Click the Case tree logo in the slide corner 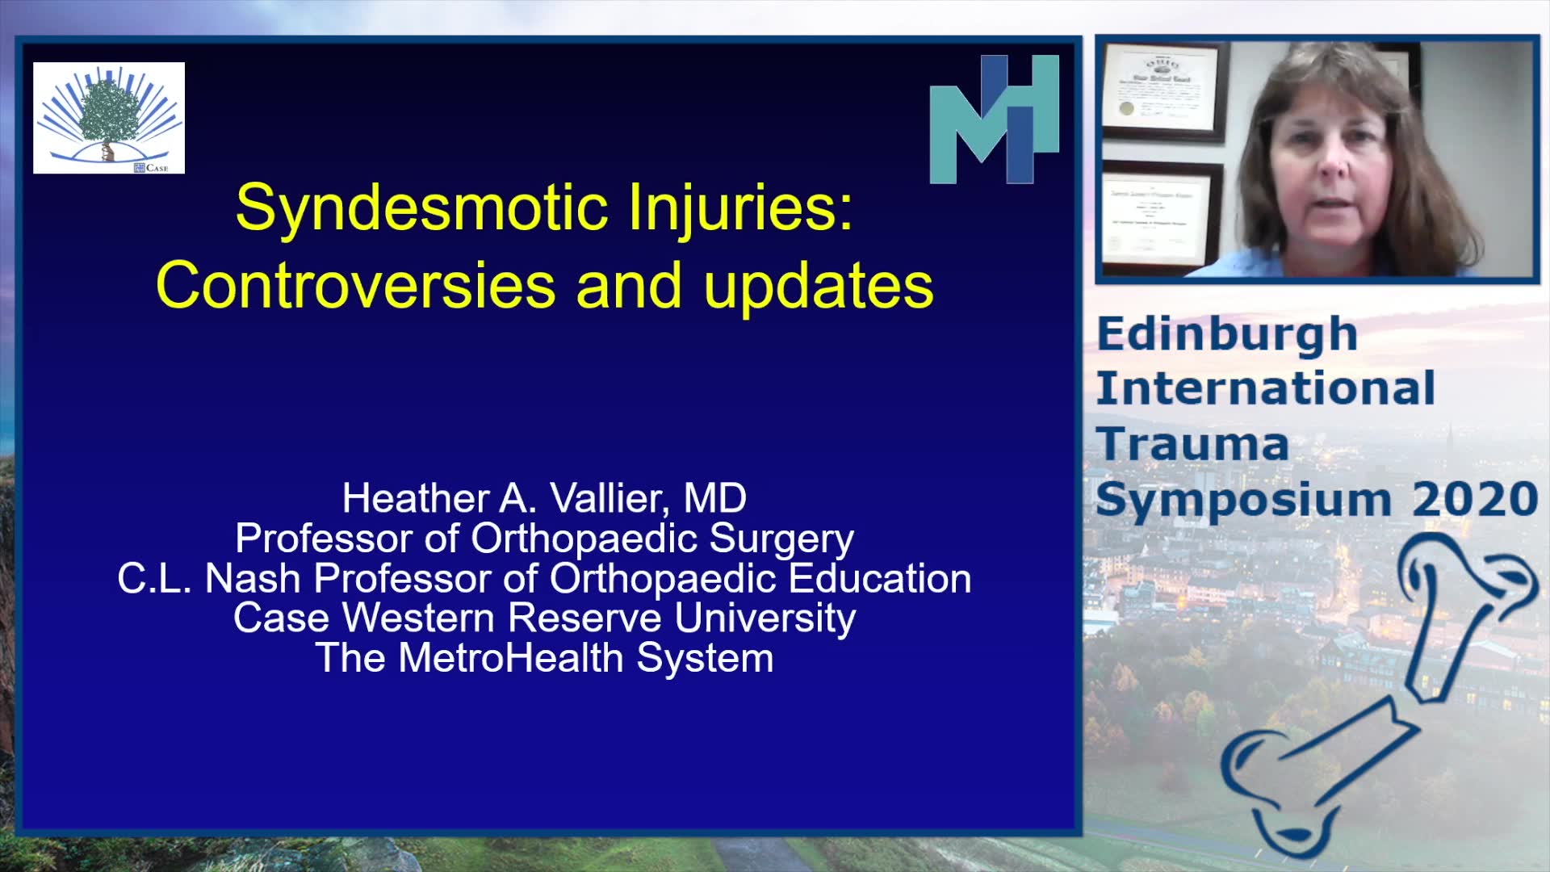tap(109, 118)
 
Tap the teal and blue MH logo tap(994, 119)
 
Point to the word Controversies tap(356, 286)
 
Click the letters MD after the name tap(715, 498)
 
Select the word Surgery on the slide tap(781, 539)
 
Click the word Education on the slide tap(880, 578)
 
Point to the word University tap(765, 618)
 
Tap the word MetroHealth tap(511, 658)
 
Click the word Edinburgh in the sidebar tap(1227, 335)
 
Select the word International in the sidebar tap(1266, 388)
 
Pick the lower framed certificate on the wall tap(1162, 216)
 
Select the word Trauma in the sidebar tap(1192, 444)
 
